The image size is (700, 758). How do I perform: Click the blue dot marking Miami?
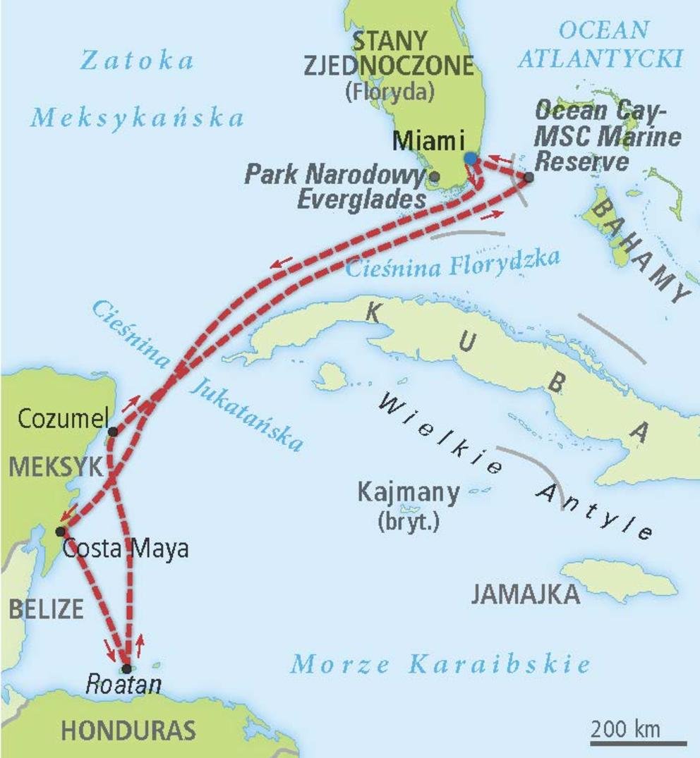471,159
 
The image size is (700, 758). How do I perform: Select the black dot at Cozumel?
113,432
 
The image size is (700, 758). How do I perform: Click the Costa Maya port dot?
61,531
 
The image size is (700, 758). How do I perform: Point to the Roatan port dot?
126,668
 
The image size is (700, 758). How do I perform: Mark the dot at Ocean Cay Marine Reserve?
529,177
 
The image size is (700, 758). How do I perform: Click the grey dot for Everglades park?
435,176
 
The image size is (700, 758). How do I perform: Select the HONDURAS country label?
128,731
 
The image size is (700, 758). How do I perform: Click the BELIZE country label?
46,609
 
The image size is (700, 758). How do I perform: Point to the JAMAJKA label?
526,595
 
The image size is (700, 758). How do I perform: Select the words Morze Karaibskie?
441,664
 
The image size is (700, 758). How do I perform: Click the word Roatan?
123,685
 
